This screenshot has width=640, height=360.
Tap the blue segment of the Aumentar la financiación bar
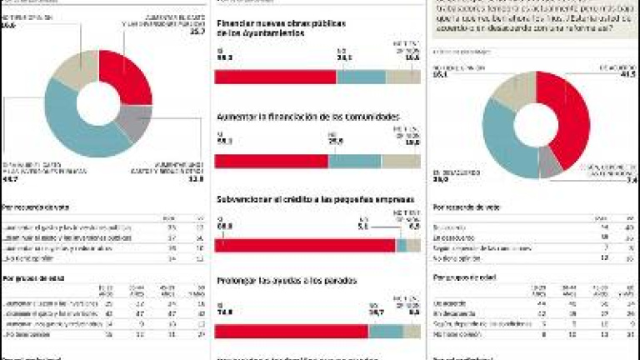tap(354, 161)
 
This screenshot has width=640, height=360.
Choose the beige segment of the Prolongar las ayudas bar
tap(412, 331)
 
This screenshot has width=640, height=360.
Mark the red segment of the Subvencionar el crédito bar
tap(305, 245)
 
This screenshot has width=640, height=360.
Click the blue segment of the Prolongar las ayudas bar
tap(386, 331)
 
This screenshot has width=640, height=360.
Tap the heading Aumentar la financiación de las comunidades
tap(307, 117)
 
